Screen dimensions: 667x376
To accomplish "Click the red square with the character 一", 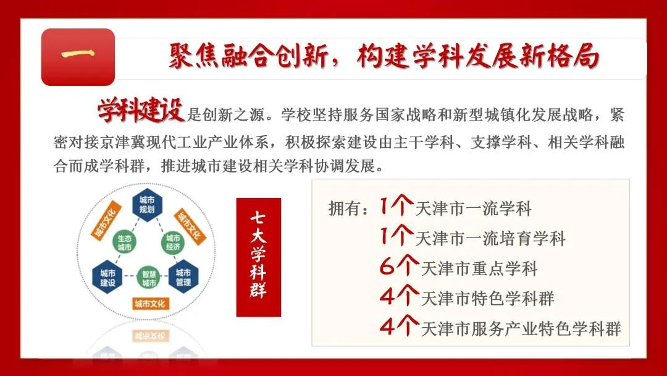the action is [78, 57].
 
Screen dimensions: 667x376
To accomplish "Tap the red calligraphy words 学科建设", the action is [141, 110].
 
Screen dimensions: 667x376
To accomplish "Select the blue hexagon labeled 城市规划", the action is [147, 205].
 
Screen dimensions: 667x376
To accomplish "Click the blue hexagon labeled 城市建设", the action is [107, 277].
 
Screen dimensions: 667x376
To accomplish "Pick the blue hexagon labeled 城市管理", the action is [183, 277].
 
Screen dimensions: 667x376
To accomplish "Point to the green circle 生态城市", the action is [124, 242].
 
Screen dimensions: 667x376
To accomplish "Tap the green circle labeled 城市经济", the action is [173, 242].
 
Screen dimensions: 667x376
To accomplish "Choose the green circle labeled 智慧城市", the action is [149, 278].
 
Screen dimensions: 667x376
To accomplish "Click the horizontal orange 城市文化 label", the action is [149, 304].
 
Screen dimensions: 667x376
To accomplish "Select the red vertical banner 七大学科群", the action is [259, 257].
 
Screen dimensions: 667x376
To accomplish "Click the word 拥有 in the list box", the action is [345, 208].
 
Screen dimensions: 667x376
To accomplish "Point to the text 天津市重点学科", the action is [479, 268].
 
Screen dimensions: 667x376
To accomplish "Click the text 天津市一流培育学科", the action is [490, 239].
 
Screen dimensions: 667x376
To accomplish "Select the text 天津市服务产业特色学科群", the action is [521, 329].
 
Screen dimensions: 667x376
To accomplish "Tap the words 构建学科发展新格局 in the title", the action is [478, 56].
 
